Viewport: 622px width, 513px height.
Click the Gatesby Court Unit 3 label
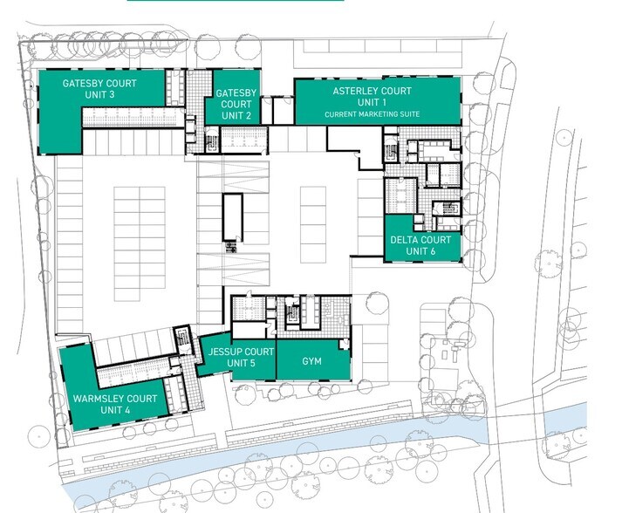(x=99, y=89)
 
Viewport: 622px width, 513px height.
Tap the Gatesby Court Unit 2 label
(x=236, y=105)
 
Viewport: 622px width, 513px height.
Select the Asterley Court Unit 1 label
(x=372, y=97)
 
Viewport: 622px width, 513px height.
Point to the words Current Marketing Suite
(x=372, y=114)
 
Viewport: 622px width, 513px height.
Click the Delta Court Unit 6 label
(x=420, y=245)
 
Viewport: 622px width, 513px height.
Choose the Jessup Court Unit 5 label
(x=241, y=357)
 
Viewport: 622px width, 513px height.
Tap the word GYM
(x=311, y=361)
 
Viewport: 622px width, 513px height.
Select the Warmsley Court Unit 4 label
(x=115, y=404)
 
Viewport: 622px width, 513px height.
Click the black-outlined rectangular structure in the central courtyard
(x=232, y=217)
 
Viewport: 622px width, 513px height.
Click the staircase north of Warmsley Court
(x=183, y=340)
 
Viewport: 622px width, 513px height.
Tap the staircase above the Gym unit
(x=292, y=314)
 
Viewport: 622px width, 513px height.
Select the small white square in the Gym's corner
(x=344, y=344)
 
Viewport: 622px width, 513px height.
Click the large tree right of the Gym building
(x=377, y=304)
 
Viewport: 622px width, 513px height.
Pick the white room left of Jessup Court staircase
(x=249, y=330)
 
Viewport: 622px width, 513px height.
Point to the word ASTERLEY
(x=354, y=91)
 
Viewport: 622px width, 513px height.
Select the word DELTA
(x=403, y=240)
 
